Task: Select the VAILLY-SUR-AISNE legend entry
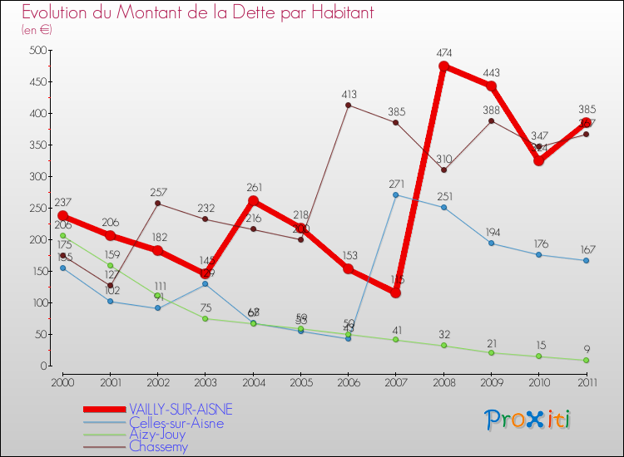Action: tap(181, 410)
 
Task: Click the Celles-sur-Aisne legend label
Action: tap(176, 422)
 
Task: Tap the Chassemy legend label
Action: tap(159, 446)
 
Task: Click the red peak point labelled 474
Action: tap(443, 66)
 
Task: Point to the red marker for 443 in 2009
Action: tap(491, 86)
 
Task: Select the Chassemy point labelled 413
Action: tap(348, 105)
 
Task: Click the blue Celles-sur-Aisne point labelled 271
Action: tap(395, 194)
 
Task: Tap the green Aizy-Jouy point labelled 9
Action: tap(586, 360)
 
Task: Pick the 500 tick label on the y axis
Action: tap(35, 50)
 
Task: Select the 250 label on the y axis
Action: tap(35, 208)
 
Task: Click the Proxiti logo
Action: tap(528, 420)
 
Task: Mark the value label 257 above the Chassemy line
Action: tap(158, 192)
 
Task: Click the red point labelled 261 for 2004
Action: tap(253, 201)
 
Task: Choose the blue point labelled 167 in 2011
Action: tap(586, 260)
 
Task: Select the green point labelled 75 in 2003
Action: tap(206, 318)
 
